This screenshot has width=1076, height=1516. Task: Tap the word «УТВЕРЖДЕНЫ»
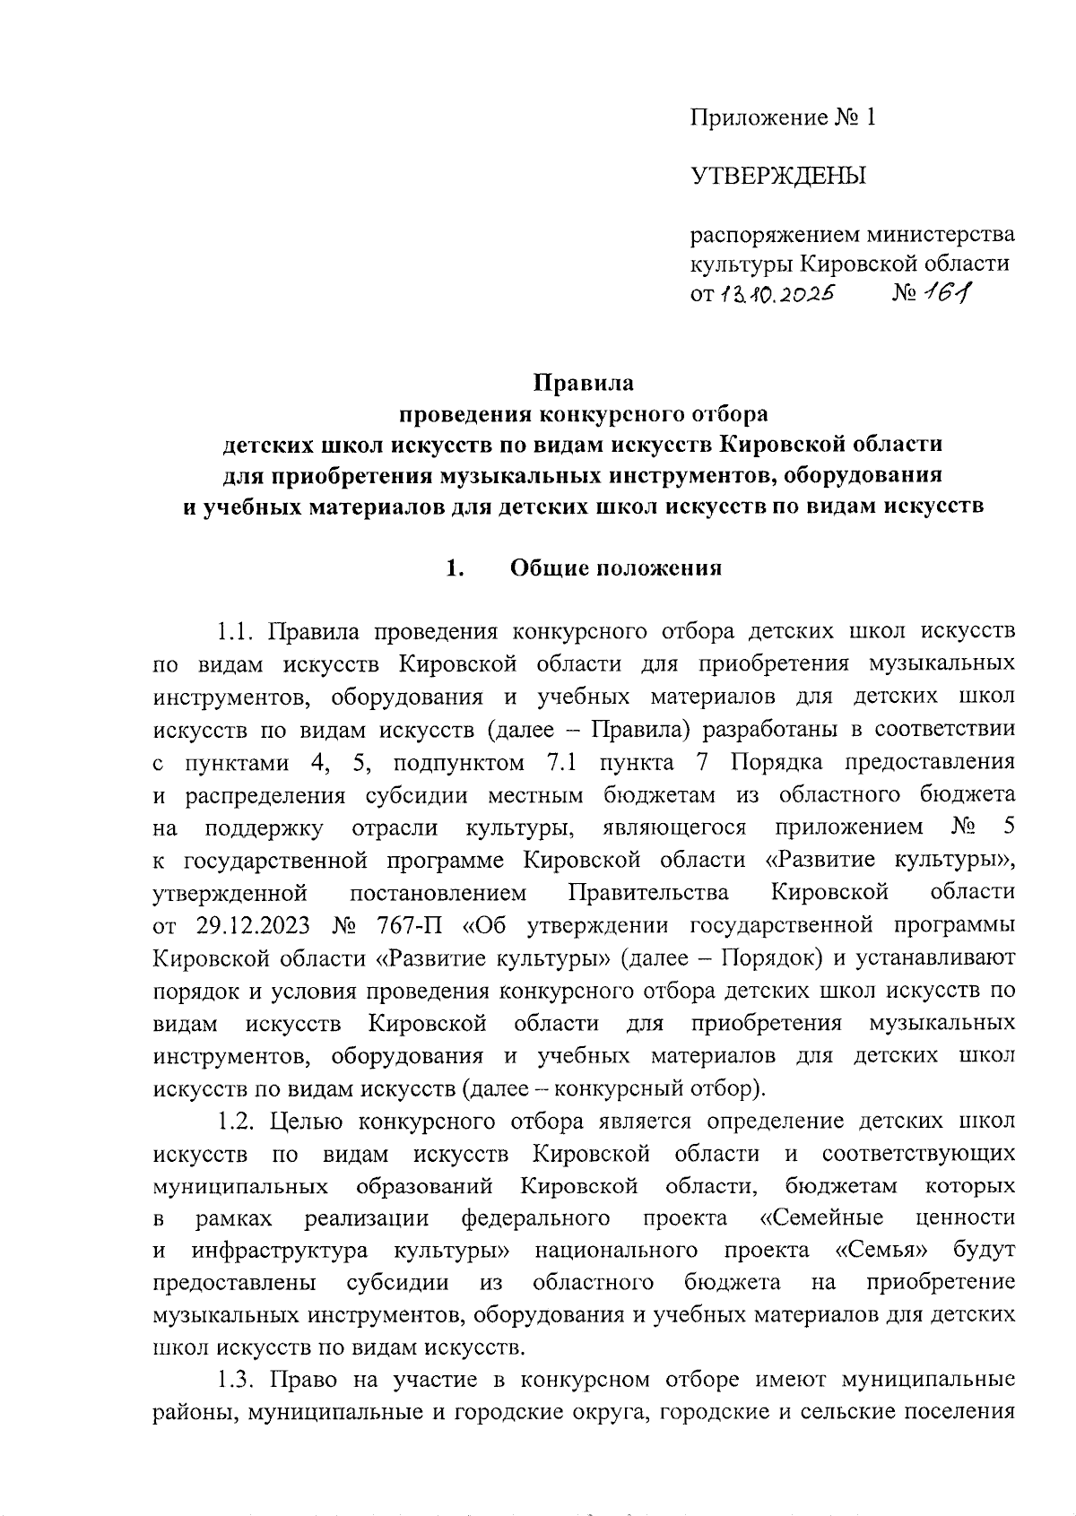pos(778,176)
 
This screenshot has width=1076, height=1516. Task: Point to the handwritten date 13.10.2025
pos(775,293)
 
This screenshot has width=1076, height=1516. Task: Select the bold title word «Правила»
pos(584,383)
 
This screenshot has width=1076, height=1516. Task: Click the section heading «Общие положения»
pos(616,568)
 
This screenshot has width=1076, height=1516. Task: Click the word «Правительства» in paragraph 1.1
pos(648,892)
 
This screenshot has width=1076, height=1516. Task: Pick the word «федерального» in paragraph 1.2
pos(536,1217)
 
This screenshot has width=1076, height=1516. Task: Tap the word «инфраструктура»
pos(279,1250)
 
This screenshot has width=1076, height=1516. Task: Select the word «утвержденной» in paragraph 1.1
pos(230,892)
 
